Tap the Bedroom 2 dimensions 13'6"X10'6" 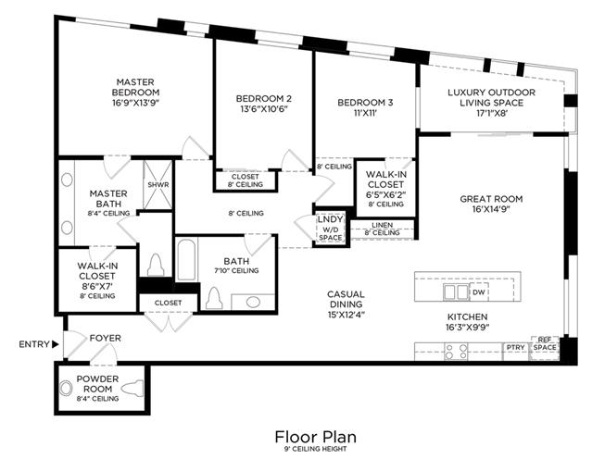pyautogui.click(x=263, y=109)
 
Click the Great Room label pyautogui.click(x=491, y=198)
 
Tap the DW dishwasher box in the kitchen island pyautogui.click(x=478, y=292)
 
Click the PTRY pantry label pyautogui.click(x=515, y=348)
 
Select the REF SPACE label pyautogui.click(x=545, y=344)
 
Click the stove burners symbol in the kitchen pyautogui.click(x=456, y=350)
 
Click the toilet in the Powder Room pyautogui.click(x=136, y=387)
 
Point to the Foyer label pyautogui.click(x=106, y=338)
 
